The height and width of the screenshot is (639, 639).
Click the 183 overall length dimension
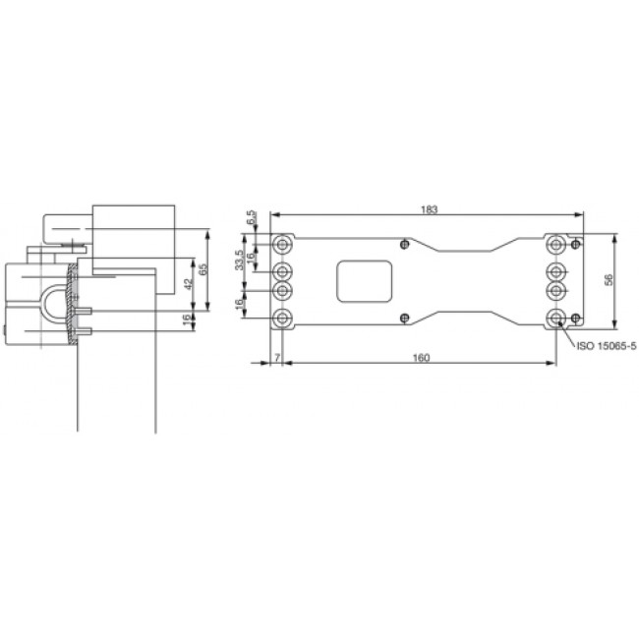click(x=430, y=209)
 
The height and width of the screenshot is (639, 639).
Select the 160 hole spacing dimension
click(x=421, y=358)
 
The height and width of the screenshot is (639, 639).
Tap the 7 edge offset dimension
click(x=277, y=358)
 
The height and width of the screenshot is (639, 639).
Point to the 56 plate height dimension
click(x=609, y=279)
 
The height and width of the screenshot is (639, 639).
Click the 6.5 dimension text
click(x=252, y=216)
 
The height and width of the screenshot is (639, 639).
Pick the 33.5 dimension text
click(x=240, y=260)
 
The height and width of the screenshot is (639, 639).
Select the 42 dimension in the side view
click(x=187, y=284)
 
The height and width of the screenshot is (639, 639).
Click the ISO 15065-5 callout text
click(x=606, y=346)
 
